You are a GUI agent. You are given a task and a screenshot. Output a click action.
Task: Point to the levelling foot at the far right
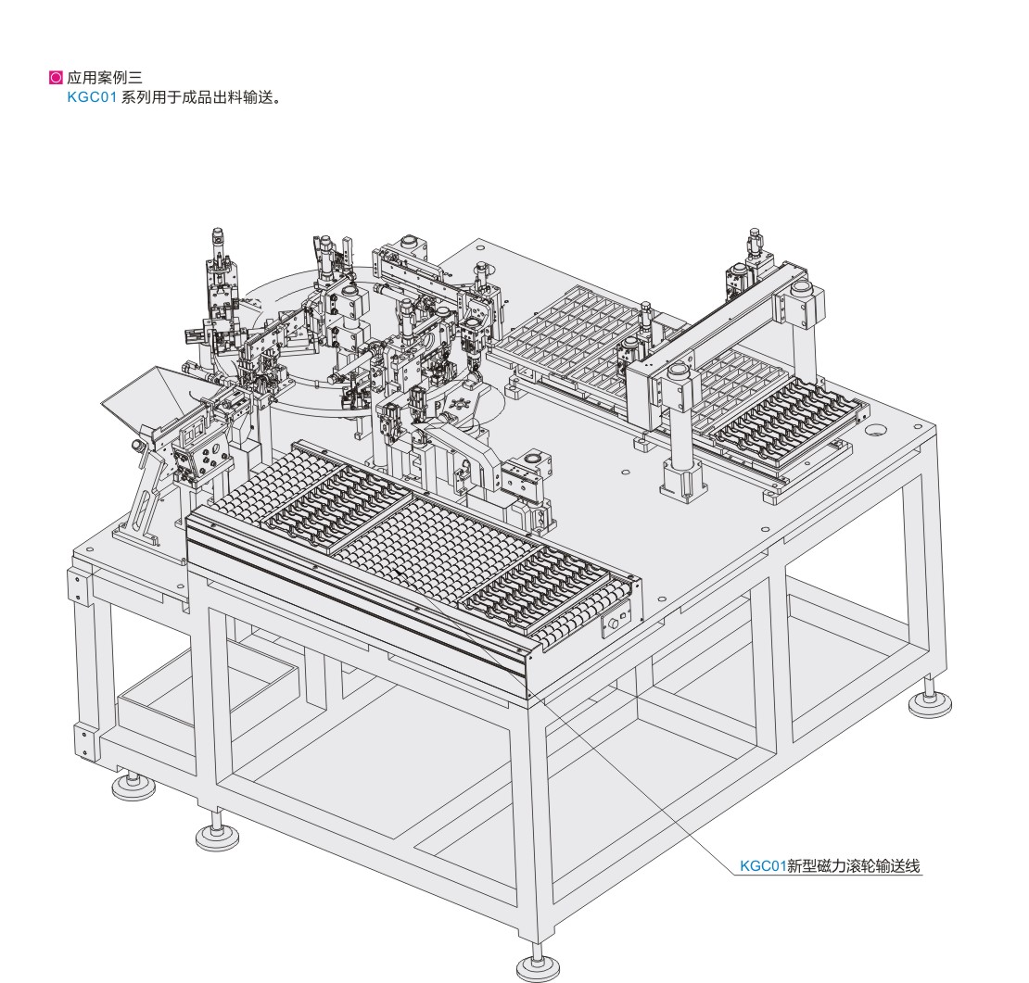click(929, 703)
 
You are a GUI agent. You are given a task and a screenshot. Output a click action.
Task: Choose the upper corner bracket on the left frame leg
click(78, 585)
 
